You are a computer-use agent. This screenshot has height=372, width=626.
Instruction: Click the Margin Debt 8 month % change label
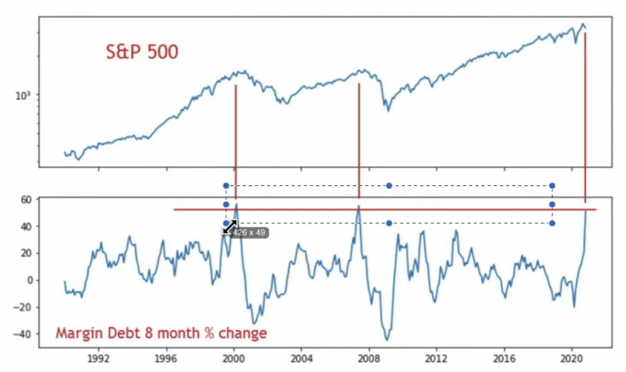pyautogui.click(x=161, y=334)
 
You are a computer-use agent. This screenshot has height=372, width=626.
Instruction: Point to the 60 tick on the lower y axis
pyautogui.click(x=28, y=199)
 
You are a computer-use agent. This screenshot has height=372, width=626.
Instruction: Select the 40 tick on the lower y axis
pyautogui.click(x=28, y=226)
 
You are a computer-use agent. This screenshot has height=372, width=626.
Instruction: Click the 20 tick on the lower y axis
pyautogui.click(x=28, y=253)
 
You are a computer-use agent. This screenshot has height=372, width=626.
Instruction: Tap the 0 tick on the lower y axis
pyautogui.click(x=30, y=280)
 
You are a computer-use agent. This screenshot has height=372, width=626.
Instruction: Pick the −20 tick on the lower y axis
pyautogui.click(x=25, y=308)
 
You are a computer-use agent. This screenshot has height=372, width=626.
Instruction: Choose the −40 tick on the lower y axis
pyautogui.click(x=25, y=334)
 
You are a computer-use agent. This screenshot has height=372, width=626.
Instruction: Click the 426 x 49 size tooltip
pyautogui.click(x=250, y=232)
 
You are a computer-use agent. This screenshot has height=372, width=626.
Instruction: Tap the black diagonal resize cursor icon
pyautogui.click(x=229, y=227)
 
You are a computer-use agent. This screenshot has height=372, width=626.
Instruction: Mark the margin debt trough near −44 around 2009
pyautogui.click(x=388, y=339)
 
